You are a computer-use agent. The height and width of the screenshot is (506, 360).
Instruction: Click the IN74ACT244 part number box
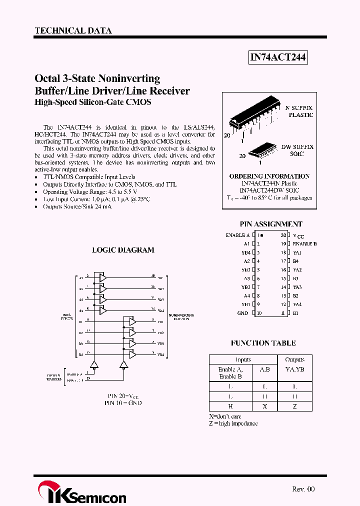pyautogui.click(x=277, y=58)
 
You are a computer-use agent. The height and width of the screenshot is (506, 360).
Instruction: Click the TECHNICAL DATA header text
pyautogui.click(x=73, y=31)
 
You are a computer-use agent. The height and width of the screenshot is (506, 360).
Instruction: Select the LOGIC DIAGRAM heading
pyautogui.click(x=123, y=250)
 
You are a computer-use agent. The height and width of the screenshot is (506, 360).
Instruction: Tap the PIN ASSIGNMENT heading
pyautogui.click(x=271, y=224)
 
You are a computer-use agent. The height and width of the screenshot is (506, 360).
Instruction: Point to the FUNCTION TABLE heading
pyautogui.click(x=263, y=343)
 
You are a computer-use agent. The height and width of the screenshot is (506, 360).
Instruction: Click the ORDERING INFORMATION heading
pyautogui.click(x=269, y=176)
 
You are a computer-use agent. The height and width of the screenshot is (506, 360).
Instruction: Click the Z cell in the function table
pyautogui.click(x=294, y=406)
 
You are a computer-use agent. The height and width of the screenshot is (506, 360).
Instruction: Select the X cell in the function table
pyautogui.click(x=264, y=406)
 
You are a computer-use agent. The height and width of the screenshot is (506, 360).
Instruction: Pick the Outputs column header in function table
pyautogui.click(x=294, y=359)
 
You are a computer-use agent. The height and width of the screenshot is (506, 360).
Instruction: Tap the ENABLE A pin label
pyautogui.click(x=237, y=235)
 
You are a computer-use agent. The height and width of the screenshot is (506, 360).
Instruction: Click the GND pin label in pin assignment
pyautogui.click(x=243, y=313)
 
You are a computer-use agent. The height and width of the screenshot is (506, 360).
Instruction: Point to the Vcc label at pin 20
pyautogui.click(x=298, y=235)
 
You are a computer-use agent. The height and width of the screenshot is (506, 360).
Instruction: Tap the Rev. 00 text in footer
pyautogui.click(x=303, y=489)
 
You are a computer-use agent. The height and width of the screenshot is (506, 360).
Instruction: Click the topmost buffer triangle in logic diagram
pyautogui.click(x=102, y=277)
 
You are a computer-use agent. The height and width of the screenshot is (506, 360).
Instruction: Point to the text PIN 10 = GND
pyautogui.click(x=123, y=402)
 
